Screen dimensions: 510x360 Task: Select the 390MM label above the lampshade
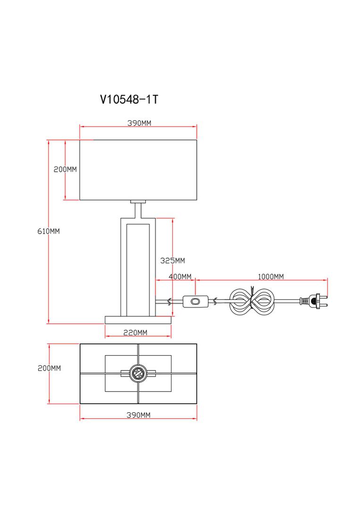pyautogui.click(x=139, y=123)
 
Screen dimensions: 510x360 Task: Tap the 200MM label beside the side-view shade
pyautogui.click(x=65, y=169)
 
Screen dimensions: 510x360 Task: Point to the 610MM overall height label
pyautogui.click(x=49, y=231)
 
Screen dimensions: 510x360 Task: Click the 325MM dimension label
pyautogui.click(x=173, y=260)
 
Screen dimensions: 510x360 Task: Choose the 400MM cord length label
pyautogui.click(x=180, y=276)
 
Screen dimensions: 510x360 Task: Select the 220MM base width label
pyautogui.click(x=135, y=332)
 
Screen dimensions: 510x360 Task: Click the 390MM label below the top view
pyautogui.click(x=139, y=415)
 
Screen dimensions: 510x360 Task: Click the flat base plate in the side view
pyautogui.click(x=138, y=320)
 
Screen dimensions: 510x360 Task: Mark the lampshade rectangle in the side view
pyautogui.click(x=138, y=170)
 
